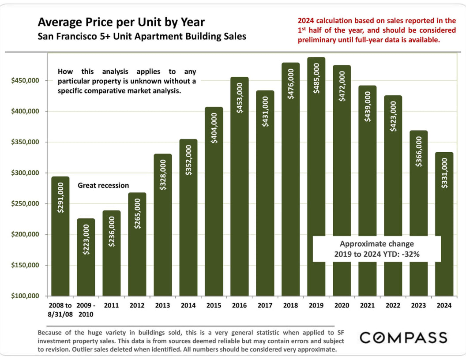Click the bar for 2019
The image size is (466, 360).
click(x=316, y=176)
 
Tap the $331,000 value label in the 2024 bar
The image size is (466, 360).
click(x=444, y=173)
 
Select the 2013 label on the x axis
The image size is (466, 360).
click(x=163, y=305)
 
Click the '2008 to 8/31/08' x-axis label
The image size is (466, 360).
click(x=60, y=310)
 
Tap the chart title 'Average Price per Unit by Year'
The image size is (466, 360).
click(x=121, y=22)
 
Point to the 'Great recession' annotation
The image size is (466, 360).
click(x=103, y=186)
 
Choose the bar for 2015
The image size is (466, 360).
click(x=214, y=201)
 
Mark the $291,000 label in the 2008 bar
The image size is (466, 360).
click(x=60, y=198)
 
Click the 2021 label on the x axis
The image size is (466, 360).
click(x=368, y=305)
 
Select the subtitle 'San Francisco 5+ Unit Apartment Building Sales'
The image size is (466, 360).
click(x=142, y=36)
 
